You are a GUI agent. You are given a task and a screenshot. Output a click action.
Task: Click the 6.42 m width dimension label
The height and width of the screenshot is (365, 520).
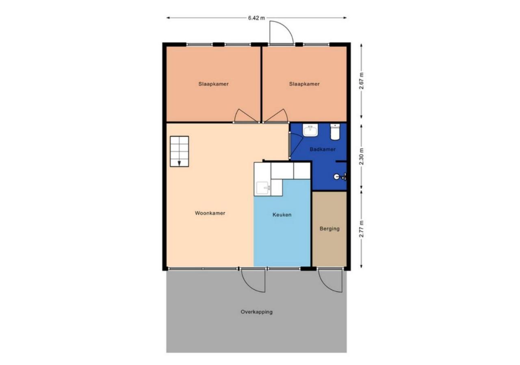pyautogui.click(x=256, y=18)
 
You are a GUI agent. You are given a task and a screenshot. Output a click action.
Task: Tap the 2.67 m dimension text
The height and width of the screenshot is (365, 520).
pyautogui.click(x=361, y=81)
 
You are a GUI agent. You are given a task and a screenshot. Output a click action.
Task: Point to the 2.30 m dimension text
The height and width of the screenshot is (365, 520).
pyautogui.click(x=361, y=157)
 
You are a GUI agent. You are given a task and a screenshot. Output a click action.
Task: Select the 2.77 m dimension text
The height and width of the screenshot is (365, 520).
pyautogui.click(x=361, y=229)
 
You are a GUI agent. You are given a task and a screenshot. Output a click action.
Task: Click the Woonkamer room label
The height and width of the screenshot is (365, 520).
pyautogui.click(x=210, y=213)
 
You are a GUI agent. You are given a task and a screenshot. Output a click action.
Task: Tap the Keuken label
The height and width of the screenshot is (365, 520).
pyautogui.click(x=282, y=215)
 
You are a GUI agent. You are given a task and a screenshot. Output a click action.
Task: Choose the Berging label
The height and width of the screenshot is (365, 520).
pyautogui.click(x=329, y=229)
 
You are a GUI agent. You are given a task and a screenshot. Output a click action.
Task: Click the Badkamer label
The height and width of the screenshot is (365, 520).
pyautogui.click(x=323, y=150)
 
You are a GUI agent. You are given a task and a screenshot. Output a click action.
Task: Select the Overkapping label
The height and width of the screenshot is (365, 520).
pyautogui.click(x=256, y=312)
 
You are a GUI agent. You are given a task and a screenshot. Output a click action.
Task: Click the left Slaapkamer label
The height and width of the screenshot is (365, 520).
pyautogui.click(x=213, y=84)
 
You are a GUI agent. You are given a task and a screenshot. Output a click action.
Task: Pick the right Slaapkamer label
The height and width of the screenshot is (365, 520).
pyautogui.click(x=304, y=84)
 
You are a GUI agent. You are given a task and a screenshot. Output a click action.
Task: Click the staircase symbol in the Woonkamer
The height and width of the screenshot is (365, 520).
pyautogui.click(x=179, y=151)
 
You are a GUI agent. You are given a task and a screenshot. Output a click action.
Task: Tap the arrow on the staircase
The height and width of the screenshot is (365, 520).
pyautogui.click(x=179, y=163)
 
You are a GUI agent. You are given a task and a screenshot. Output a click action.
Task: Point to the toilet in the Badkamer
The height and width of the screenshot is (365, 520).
pyautogui.click(x=335, y=132)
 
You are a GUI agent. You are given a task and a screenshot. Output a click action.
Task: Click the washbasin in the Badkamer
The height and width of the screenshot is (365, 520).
pyautogui.click(x=310, y=130)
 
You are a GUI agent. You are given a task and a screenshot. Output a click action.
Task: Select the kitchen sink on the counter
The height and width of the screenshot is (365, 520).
pyautogui.click(x=263, y=188)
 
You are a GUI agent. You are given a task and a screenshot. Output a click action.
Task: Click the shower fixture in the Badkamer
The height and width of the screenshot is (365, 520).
pyautogui.click(x=340, y=177)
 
